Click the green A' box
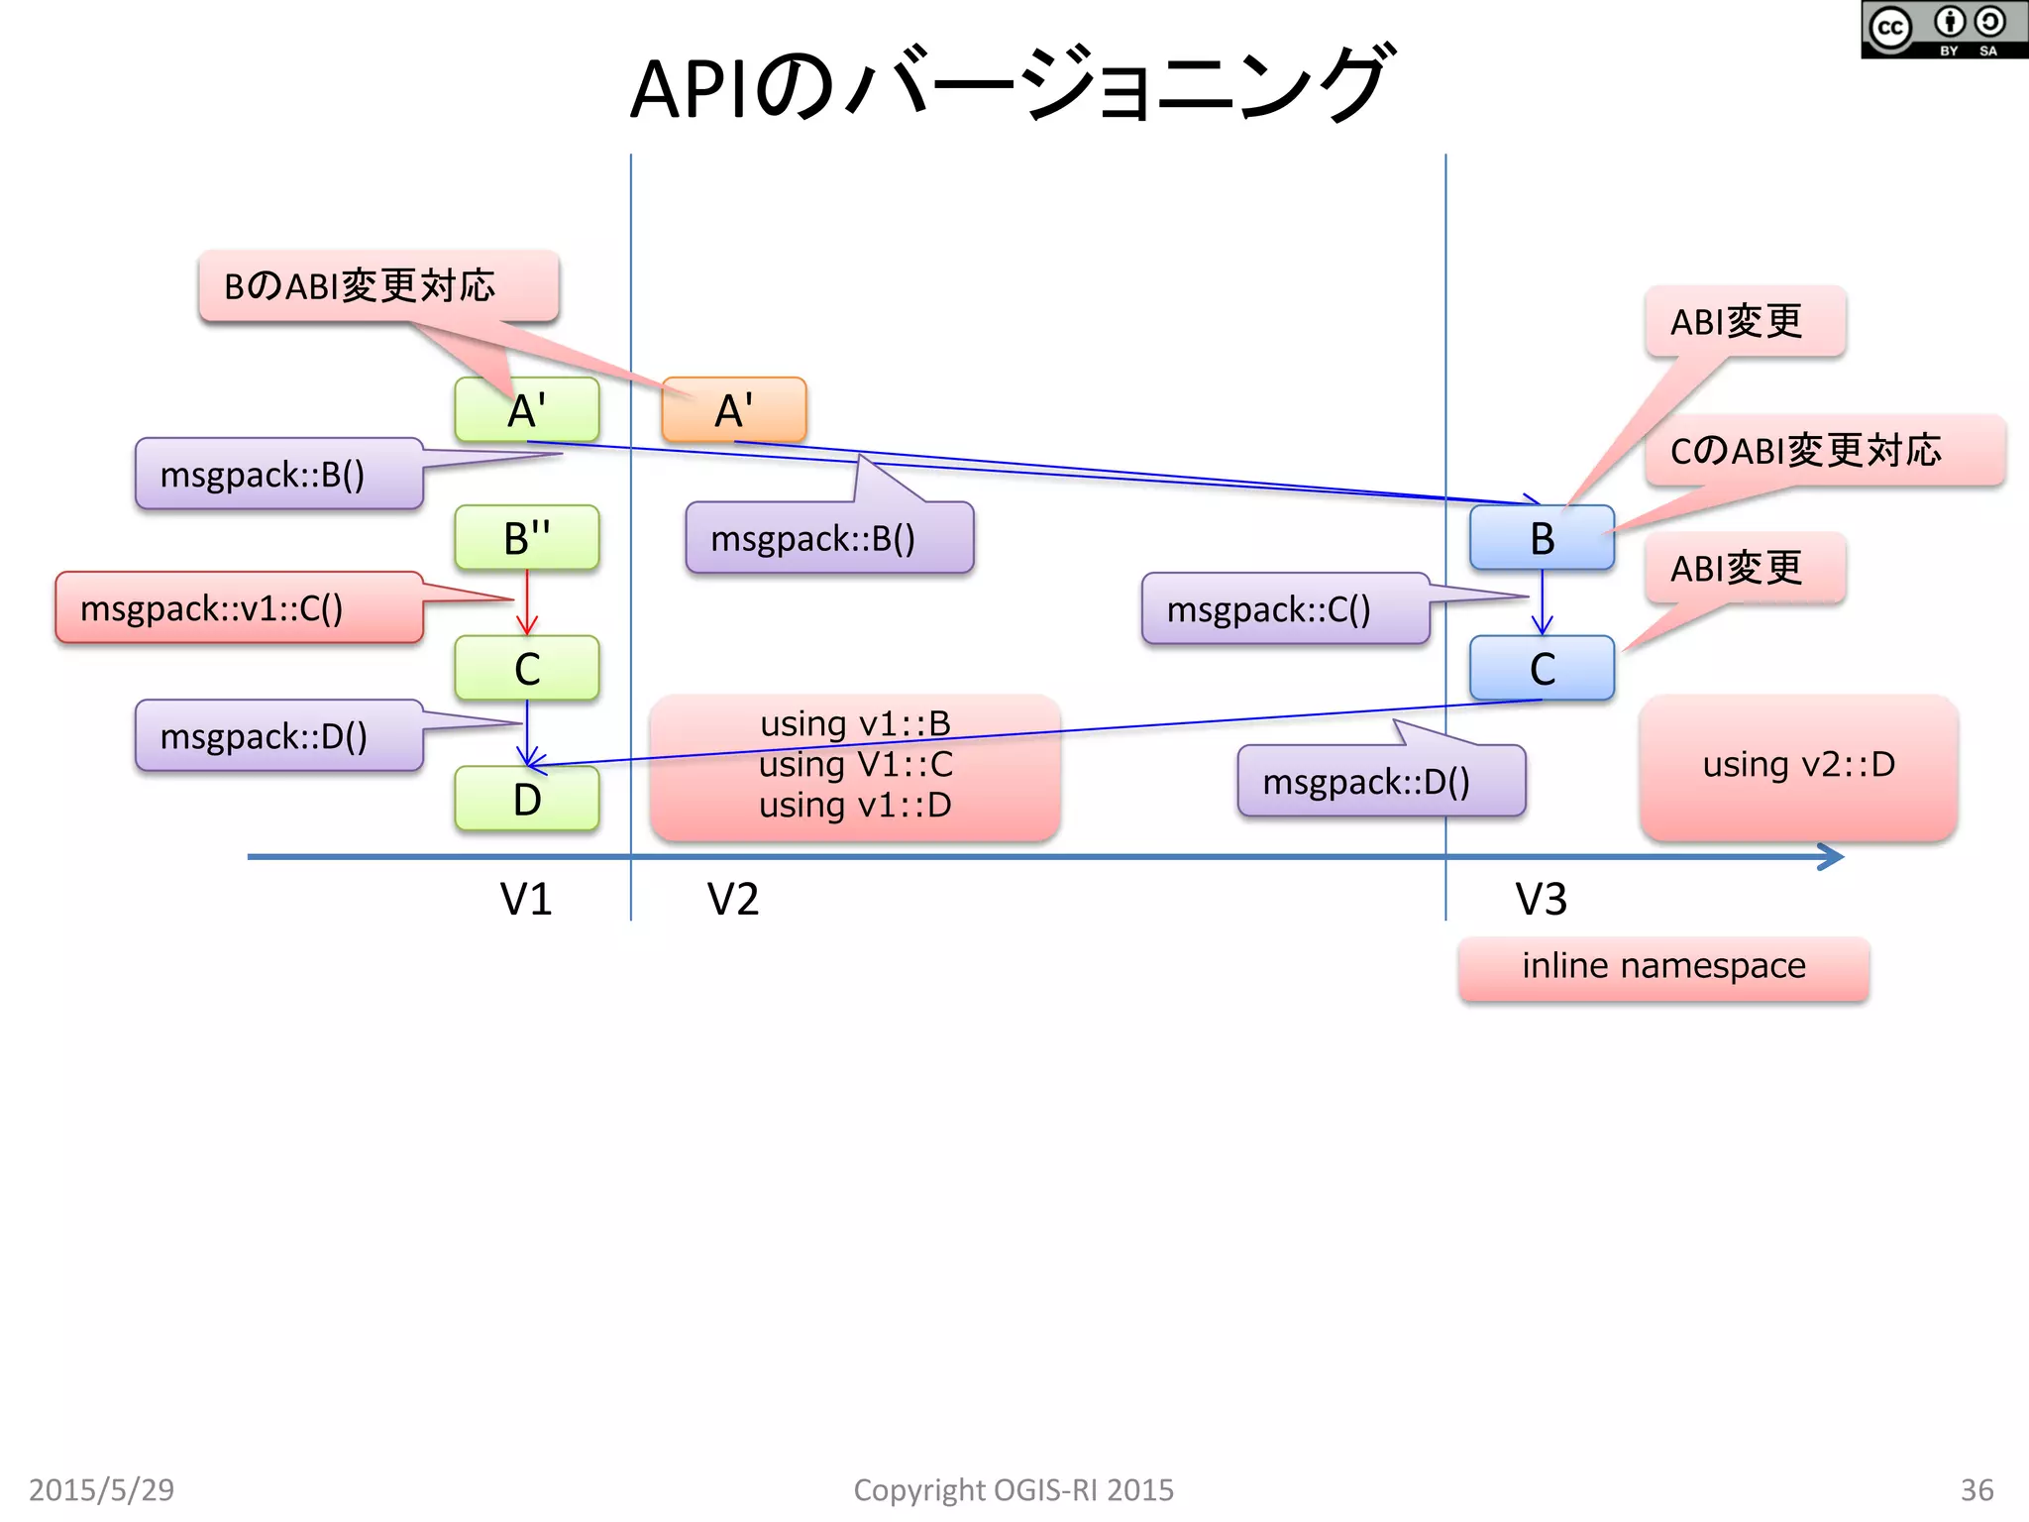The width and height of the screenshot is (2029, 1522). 526,409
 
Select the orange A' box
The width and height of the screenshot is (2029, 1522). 734,409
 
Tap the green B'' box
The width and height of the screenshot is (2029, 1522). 526,538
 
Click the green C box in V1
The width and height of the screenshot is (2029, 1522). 526,669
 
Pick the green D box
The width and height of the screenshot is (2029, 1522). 526,799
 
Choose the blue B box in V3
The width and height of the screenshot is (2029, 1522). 1542,538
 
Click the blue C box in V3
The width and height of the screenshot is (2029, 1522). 1542,669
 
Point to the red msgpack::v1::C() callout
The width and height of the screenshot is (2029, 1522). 238,607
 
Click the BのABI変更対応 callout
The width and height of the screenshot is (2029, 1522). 378,286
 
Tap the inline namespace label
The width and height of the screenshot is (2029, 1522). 1663,966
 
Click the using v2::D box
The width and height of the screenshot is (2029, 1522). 1798,765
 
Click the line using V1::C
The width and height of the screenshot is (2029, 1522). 855,765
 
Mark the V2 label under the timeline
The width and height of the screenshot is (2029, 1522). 733,899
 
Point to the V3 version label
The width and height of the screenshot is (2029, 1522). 1542,899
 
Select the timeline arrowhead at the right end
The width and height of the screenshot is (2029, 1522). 1832,856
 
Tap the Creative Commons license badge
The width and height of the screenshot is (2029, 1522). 1943,30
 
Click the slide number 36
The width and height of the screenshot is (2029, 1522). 1976,1489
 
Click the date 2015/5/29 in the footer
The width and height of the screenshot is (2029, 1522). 101,1489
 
